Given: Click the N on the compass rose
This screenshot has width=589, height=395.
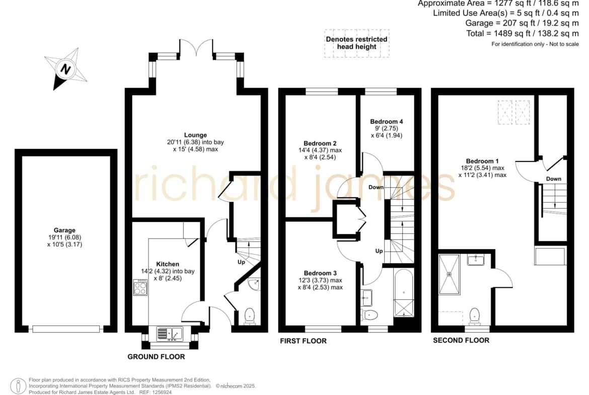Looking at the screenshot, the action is click(66, 69).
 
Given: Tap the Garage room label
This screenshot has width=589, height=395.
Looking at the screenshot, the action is click(64, 230).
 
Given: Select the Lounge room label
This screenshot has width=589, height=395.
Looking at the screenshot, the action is click(195, 135).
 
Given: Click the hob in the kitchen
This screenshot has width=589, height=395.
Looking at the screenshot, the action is click(140, 287).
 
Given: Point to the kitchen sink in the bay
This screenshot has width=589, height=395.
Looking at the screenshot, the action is click(170, 334).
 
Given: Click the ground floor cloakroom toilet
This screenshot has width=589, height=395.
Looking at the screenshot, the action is click(249, 316).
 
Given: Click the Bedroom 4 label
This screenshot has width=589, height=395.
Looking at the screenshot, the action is click(387, 121).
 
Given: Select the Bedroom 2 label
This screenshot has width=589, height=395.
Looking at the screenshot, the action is click(320, 143).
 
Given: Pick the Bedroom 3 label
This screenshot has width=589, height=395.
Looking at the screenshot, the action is click(320, 273).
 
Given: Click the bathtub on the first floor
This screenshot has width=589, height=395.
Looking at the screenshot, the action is click(403, 293).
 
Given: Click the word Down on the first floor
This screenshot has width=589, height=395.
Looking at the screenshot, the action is click(376, 187).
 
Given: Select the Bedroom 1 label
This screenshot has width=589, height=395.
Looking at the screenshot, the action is click(483, 161).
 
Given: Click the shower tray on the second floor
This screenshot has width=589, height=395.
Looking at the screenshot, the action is click(449, 274).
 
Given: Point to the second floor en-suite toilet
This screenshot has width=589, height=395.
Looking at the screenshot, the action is click(475, 316).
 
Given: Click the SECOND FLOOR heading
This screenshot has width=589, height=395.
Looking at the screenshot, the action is click(461, 340).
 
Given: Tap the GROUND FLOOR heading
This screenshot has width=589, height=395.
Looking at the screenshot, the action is click(156, 356).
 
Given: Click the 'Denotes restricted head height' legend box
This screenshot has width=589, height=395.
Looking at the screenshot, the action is click(357, 43).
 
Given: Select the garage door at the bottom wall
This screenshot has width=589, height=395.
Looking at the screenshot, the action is click(66, 329).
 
